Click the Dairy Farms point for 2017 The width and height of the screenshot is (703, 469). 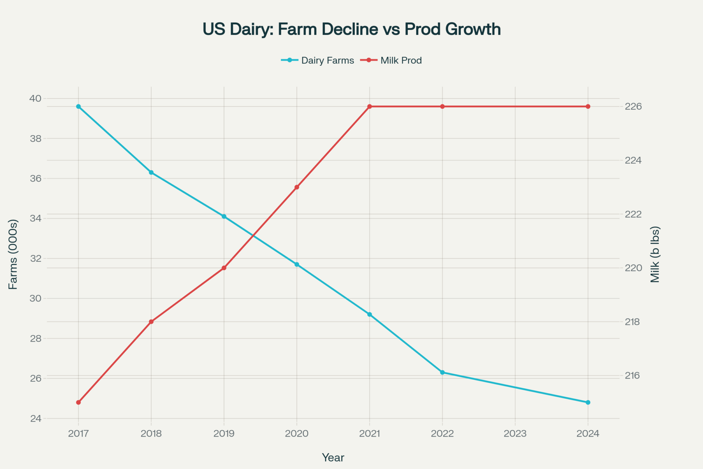(x=78, y=107)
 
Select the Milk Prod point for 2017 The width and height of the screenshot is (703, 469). (x=78, y=402)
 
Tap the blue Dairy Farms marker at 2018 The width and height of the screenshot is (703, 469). (x=151, y=172)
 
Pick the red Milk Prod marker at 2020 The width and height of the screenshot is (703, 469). (x=297, y=187)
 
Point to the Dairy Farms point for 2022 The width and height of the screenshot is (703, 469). (x=442, y=372)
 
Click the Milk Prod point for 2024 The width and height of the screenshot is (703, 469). (x=588, y=107)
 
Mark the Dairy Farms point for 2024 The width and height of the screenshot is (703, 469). (x=588, y=402)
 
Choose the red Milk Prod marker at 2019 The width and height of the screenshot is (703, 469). (x=224, y=268)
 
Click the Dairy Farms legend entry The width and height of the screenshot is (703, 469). (x=318, y=61)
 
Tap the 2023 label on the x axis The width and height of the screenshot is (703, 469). (x=515, y=433)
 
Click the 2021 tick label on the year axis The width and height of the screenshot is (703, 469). (x=369, y=433)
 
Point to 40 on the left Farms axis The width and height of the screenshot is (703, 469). (x=36, y=99)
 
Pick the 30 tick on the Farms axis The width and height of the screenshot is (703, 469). (x=36, y=298)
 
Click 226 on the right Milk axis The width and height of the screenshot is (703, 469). (x=633, y=107)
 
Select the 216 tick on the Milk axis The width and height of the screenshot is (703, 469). (x=633, y=376)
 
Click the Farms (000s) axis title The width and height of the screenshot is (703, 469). (x=13, y=254)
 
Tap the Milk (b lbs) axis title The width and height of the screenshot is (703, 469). (x=655, y=254)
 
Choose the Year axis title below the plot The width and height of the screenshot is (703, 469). (x=333, y=457)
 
